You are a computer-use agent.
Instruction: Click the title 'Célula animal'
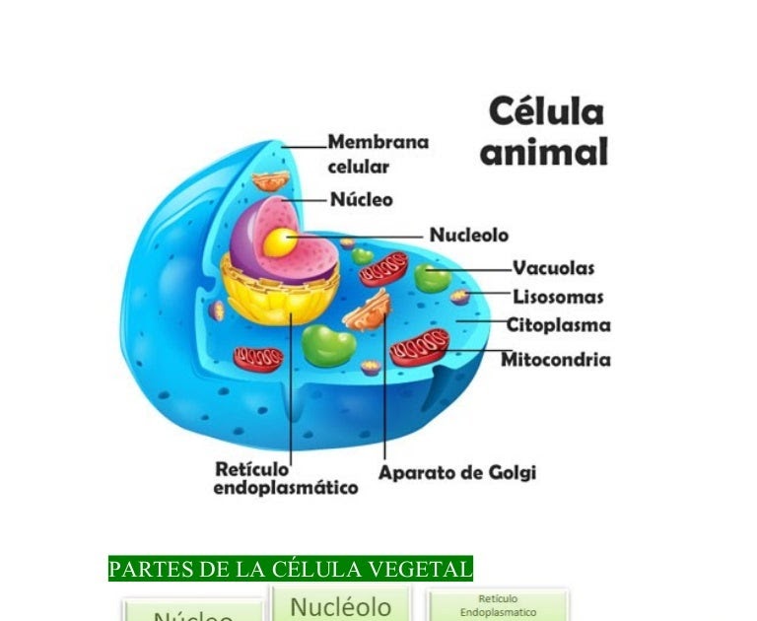[x=544, y=132]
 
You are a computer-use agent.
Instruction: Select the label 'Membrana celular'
[x=378, y=154]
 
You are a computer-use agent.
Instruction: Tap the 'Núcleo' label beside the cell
[x=361, y=199]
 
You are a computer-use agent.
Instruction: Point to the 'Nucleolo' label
[x=469, y=236]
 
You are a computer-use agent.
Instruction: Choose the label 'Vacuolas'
[x=553, y=268]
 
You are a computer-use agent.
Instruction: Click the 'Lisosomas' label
[x=558, y=297]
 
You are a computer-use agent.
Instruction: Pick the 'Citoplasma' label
[x=558, y=325]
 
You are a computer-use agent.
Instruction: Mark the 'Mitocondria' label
[x=555, y=360]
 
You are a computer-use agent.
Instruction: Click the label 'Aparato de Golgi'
[x=457, y=473]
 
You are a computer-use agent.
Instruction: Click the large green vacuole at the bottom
[x=328, y=346]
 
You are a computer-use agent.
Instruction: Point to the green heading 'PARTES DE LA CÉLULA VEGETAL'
[x=290, y=569]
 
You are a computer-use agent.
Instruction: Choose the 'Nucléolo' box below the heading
[x=340, y=605]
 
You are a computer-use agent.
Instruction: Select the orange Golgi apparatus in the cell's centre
[x=367, y=310]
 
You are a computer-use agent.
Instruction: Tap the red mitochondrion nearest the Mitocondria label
[x=421, y=346]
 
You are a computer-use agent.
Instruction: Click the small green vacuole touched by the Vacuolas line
[x=432, y=277]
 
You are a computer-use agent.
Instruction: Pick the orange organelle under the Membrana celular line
[x=270, y=180]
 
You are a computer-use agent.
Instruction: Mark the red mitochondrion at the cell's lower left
[x=258, y=358]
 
